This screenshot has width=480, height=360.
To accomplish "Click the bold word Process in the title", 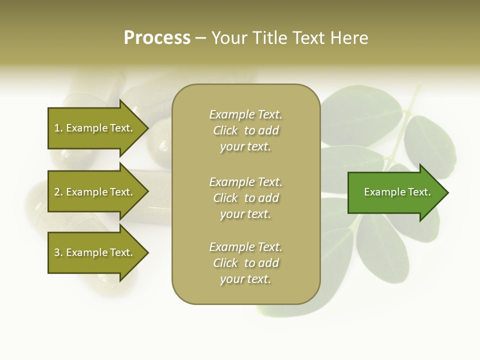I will (157, 38).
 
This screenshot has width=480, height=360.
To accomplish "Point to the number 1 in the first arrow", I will (57, 128).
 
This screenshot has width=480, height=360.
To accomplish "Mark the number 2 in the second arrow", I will (57, 192).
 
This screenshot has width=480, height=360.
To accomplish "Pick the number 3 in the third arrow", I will (57, 252).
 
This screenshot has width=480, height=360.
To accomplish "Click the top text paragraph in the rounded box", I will (245, 130).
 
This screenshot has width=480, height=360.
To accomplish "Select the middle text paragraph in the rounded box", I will (245, 198).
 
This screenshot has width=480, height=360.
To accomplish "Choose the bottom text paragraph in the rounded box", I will (245, 263).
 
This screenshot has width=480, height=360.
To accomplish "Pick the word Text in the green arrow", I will (419, 192).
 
